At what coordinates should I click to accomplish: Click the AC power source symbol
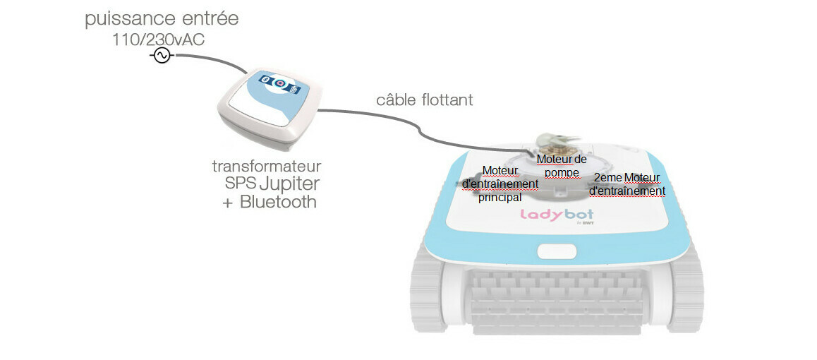162,56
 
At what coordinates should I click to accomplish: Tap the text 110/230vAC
158,40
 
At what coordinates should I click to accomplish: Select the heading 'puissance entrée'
162,19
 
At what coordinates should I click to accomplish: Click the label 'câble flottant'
424,100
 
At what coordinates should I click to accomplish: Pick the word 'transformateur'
267,167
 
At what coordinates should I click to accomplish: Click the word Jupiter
290,184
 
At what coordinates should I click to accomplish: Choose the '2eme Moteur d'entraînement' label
627,184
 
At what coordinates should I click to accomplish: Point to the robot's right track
681,296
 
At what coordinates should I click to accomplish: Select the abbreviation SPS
240,184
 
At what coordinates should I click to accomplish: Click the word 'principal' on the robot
500,198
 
